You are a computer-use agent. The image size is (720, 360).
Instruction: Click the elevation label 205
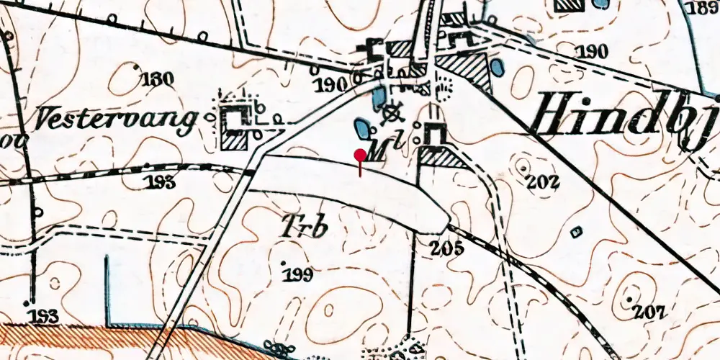pos(447,249)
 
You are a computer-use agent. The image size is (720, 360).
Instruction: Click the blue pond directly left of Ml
pos(360,130)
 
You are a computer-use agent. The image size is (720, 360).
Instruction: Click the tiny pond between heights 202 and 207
pos(575,232)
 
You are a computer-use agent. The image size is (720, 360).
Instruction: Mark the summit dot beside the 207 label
pos(631,299)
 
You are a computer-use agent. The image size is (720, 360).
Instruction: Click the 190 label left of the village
pos(331,85)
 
